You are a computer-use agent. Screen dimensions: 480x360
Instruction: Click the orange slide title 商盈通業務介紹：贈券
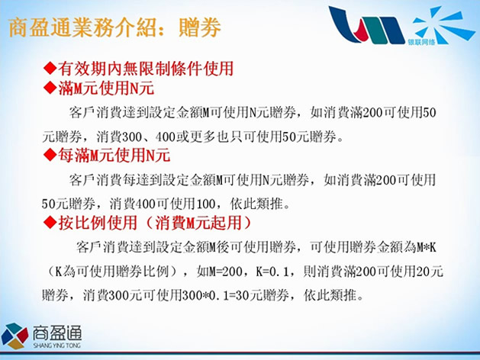pyautogui.click(x=114, y=27)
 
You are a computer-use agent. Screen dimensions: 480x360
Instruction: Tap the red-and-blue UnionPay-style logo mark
pyautogui.click(x=367, y=25)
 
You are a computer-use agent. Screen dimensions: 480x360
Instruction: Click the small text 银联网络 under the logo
pyautogui.click(x=421, y=42)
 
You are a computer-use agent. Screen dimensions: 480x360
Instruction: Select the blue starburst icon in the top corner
pyautogui.click(x=443, y=24)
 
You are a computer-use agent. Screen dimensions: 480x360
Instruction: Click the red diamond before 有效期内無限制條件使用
pyautogui.click(x=50, y=68)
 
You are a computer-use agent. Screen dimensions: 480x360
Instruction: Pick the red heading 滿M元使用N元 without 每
pyautogui.click(x=106, y=88)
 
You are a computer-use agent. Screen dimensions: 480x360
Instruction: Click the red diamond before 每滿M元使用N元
pyautogui.click(x=50, y=155)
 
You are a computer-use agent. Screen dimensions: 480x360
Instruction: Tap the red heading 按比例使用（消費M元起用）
pyautogui.click(x=155, y=223)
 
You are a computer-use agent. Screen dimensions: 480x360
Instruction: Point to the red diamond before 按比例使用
pyautogui.click(x=50, y=223)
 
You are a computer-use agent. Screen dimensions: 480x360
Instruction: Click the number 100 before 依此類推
pyautogui.click(x=205, y=204)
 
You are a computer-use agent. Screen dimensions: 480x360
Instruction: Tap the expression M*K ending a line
pyautogui.click(x=426, y=247)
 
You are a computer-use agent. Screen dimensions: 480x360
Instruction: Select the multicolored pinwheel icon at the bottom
pyautogui.click(x=14, y=336)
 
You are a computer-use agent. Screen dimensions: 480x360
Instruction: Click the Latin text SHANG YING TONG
pyautogui.click(x=57, y=346)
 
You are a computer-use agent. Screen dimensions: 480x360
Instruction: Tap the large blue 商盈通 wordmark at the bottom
pyautogui.click(x=57, y=333)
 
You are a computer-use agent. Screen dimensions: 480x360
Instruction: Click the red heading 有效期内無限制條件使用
pyautogui.click(x=146, y=68)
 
